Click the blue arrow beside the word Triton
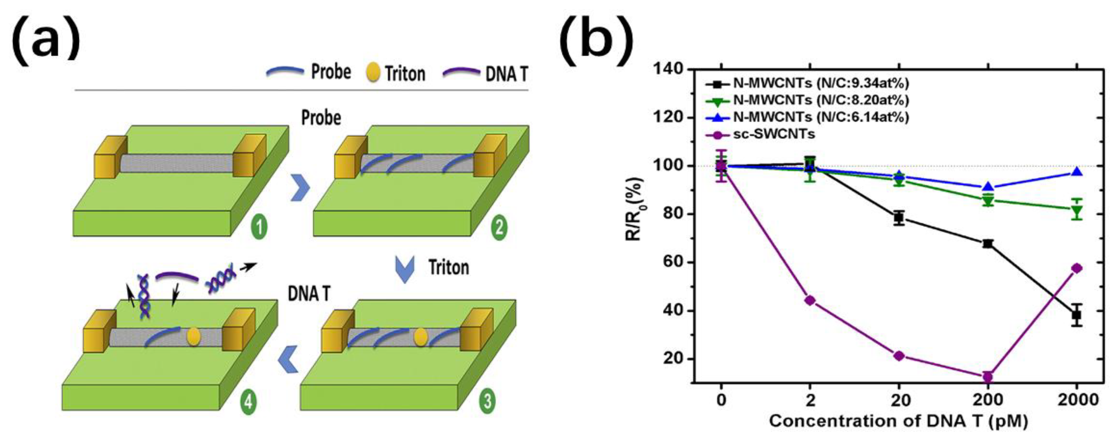pos(405,269)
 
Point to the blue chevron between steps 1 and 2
pos(300,188)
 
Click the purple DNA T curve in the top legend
pos(462,72)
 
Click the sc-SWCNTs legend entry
pos(773,135)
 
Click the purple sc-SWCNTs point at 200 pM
pos(988,376)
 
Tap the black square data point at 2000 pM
pos(1077,315)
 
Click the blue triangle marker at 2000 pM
pos(1077,172)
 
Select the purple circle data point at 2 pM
pos(810,300)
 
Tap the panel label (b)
pos(596,41)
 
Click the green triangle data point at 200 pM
pos(988,201)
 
